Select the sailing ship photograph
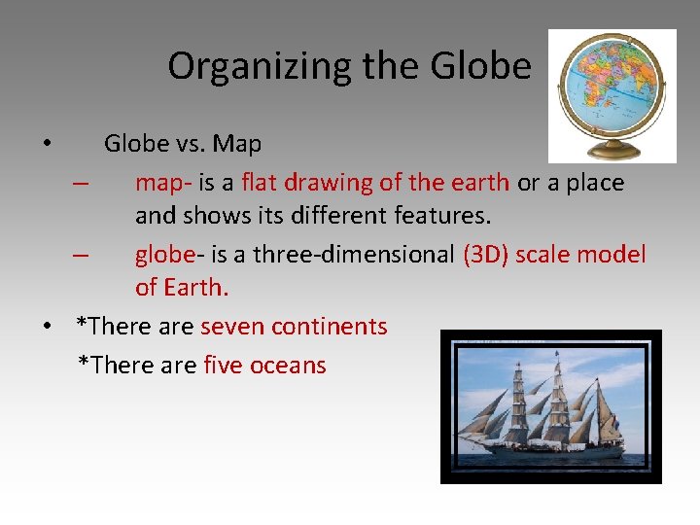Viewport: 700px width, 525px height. coord(550,406)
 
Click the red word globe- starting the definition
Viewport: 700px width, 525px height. coord(165,255)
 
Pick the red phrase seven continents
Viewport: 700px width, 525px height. coord(294,327)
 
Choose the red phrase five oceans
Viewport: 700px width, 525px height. coord(264,366)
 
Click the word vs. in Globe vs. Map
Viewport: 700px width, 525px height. coord(191,144)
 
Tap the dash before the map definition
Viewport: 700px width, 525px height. coord(81,183)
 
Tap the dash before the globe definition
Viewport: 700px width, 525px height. coord(81,255)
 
